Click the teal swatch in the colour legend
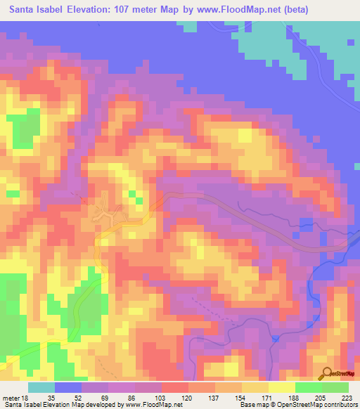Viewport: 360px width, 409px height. (x=41, y=388)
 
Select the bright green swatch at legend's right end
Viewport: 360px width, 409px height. (x=335, y=388)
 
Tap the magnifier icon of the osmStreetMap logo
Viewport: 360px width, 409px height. (x=326, y=372)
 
